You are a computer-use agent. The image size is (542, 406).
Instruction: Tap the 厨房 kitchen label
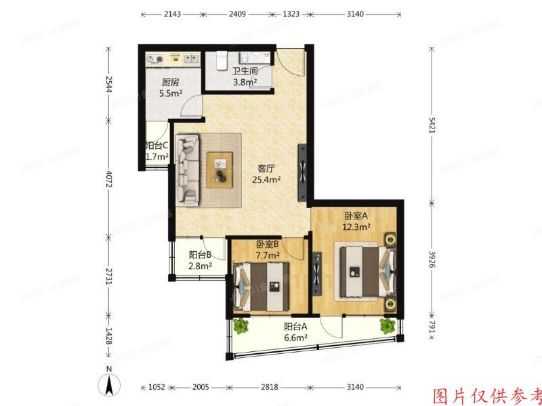point(170,83)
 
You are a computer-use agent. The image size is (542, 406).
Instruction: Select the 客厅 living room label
point(266,168)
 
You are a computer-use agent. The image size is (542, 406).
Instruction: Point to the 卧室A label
point(356,216)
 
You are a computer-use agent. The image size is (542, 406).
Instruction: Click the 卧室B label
point(269,244)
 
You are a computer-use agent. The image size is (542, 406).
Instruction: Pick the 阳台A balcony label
point(295,326)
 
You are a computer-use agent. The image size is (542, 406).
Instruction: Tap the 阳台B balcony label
point(201,255)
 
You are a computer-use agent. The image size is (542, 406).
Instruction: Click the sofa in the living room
point(188,169)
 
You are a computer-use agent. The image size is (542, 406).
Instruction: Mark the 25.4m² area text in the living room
point(266,180)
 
